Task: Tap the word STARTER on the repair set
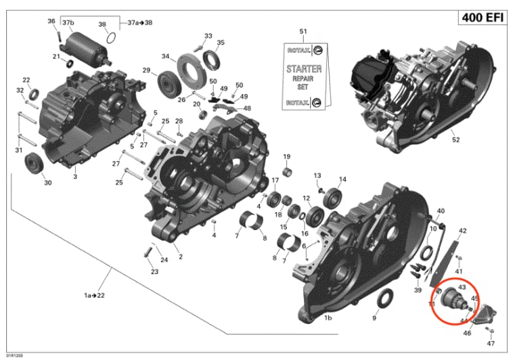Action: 303,70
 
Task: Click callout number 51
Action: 303,32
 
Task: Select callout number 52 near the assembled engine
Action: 455,140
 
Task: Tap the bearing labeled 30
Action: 33,164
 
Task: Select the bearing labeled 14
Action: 332,198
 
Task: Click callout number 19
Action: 287,157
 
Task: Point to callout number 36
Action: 51,22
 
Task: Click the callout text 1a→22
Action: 95,296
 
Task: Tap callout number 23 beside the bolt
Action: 154,272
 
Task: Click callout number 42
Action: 463,231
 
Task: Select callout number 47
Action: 491,343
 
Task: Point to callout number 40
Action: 441,212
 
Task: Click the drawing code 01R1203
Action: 13,355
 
